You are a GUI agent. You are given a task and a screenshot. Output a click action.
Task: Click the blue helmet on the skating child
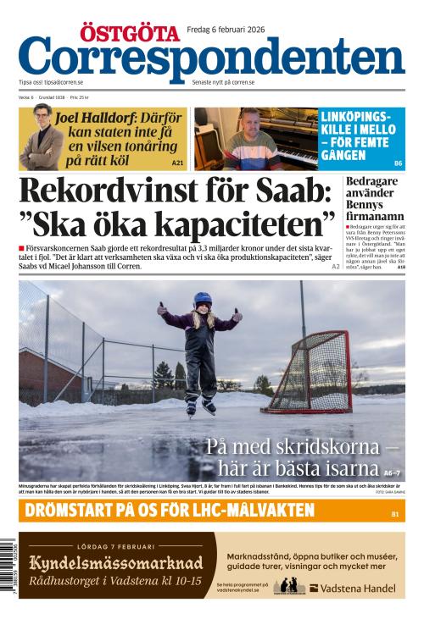point(202,300)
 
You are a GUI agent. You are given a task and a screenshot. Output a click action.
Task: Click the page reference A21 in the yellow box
point(177,162)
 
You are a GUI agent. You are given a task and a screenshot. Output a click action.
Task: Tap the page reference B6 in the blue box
point(398,162)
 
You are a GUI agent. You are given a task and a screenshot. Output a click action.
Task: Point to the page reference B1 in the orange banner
point(394,513)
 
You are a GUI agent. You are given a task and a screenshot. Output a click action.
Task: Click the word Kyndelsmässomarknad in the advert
point(116,563)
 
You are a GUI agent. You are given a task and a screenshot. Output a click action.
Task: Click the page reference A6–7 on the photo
point(391,472)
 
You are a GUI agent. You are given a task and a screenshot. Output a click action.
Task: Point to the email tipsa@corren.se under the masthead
point(64,83)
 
